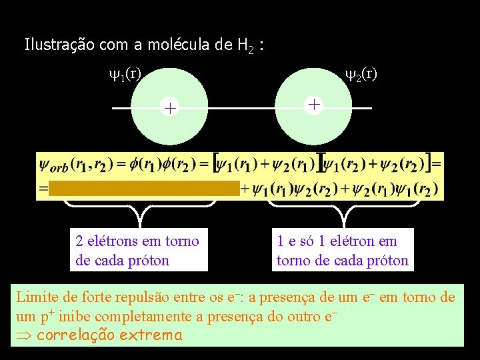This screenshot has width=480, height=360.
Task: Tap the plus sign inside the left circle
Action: [171, 108]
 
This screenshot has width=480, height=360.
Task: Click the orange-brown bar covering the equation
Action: [145, 188]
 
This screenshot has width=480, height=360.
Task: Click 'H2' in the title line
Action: [244, 45]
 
